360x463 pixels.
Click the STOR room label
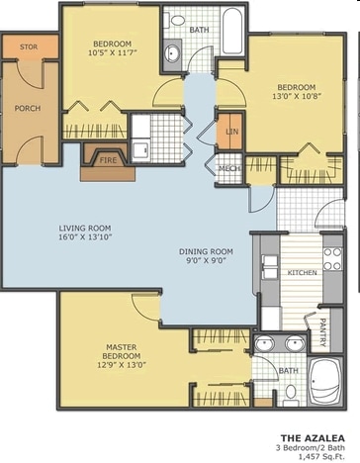pos(29,47)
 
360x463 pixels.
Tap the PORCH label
pos(28,108)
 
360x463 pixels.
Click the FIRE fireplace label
pos(108,160)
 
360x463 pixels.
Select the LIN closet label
pos(232,132)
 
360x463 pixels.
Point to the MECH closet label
pos(229,168)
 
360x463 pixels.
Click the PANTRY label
pos(323,332)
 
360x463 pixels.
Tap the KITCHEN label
pos(303,273)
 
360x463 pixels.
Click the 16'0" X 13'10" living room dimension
pos(85,236)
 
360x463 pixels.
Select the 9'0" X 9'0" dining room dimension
pos(206,260)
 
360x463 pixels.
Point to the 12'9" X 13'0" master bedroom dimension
pos(122,365)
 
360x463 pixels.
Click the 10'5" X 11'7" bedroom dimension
pos(113,52)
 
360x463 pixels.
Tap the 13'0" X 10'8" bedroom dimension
pos(297,96)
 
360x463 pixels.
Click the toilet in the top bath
pos(175,20)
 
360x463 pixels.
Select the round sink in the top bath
pos(172,52)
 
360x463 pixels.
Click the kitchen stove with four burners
pos(332,259)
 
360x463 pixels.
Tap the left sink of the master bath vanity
pos(264,344)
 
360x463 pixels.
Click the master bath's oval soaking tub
pos(324,382)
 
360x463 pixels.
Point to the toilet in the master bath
pos(291,396)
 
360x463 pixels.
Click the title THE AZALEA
pos(313,438)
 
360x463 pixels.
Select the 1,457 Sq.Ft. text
pos(321,457)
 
